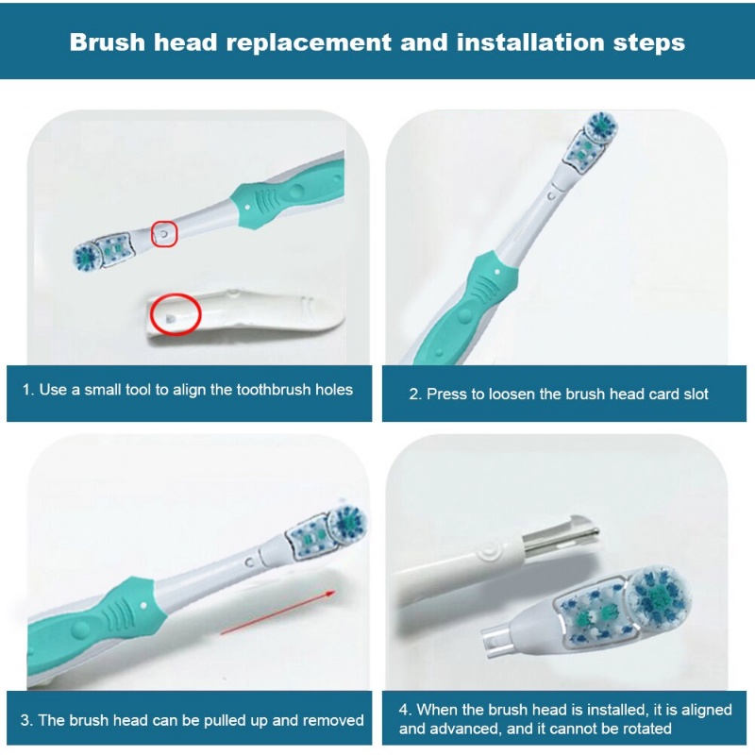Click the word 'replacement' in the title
pos(309,42)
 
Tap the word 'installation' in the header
pos(530,42)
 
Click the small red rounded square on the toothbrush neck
pos(164,233)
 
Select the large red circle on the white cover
pos(176,314)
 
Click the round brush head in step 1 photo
pos(87,257)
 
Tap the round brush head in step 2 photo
pos(600,127)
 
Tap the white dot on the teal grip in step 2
pos(497,272)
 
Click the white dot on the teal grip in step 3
pos(143,604)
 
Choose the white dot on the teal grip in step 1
pos(247,208)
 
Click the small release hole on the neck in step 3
pos(249,562)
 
